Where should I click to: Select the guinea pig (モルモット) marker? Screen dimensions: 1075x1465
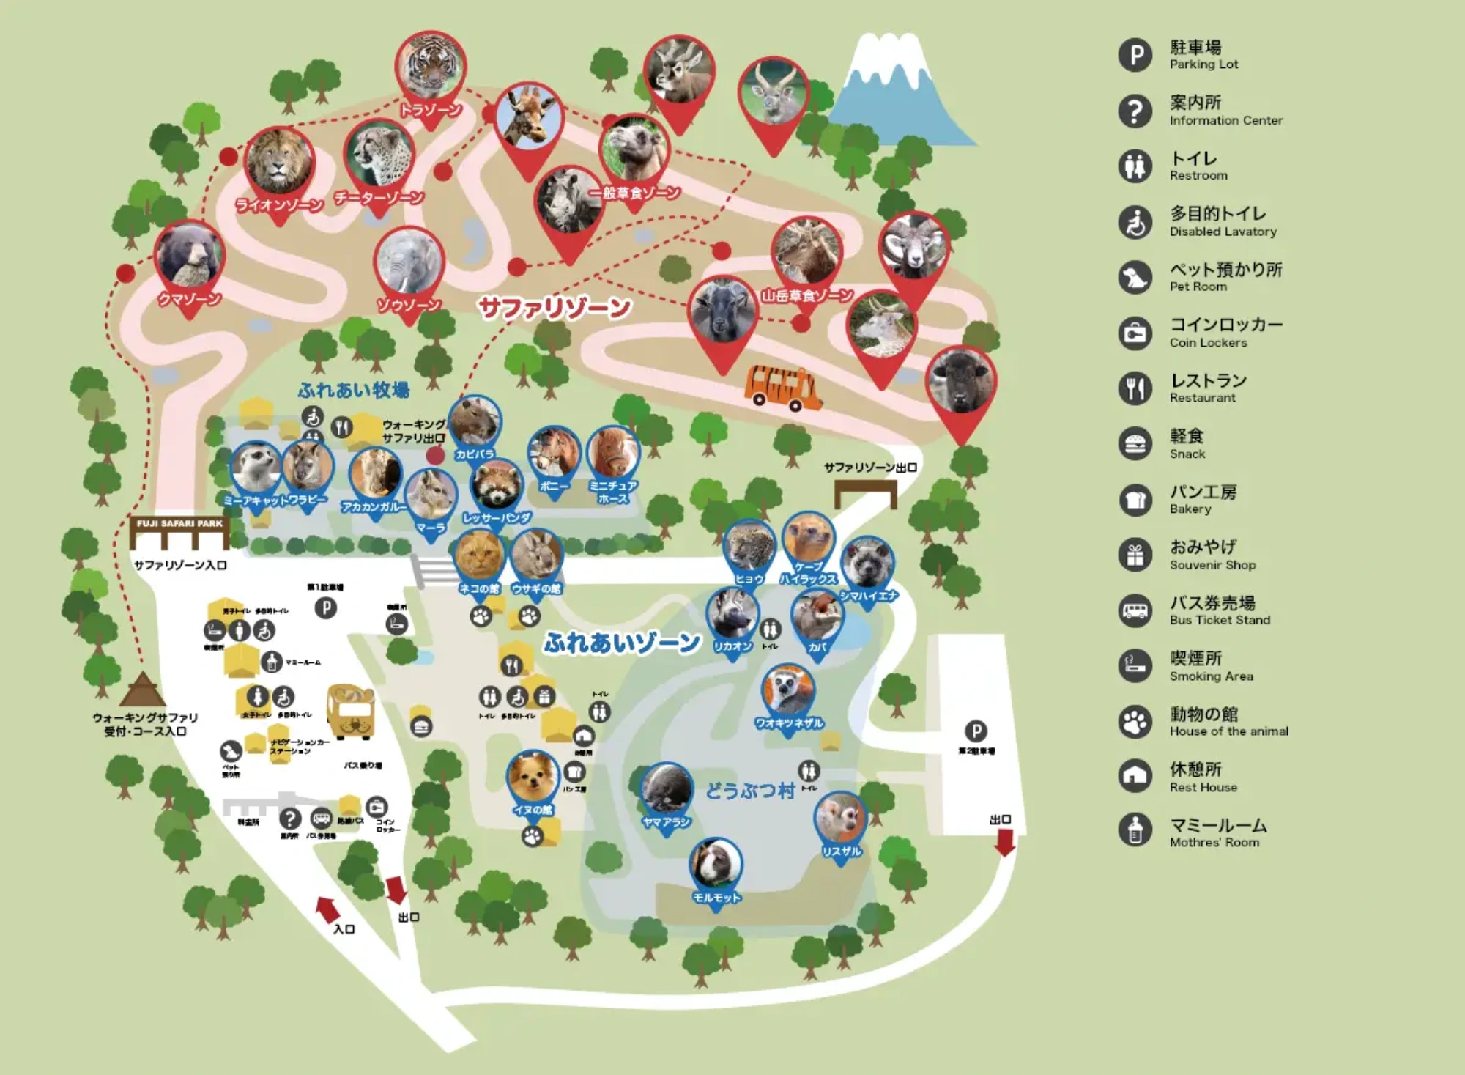coord(716,864)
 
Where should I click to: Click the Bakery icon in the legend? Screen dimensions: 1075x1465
coord(1135,500)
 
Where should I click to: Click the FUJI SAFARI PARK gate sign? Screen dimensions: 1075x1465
coord(180,524)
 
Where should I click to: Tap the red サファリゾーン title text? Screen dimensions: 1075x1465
coord(555,307)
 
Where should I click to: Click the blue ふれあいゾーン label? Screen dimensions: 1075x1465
coord(621,643)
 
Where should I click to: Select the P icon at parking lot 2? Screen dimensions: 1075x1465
coord(975,731)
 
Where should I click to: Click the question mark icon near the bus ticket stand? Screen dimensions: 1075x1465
coord(290,818)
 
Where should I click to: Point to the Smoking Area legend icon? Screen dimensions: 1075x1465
coord(1135,666)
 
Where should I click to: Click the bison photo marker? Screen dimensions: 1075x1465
coord(960,381)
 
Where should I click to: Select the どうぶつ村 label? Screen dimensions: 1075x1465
coord(749,791)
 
